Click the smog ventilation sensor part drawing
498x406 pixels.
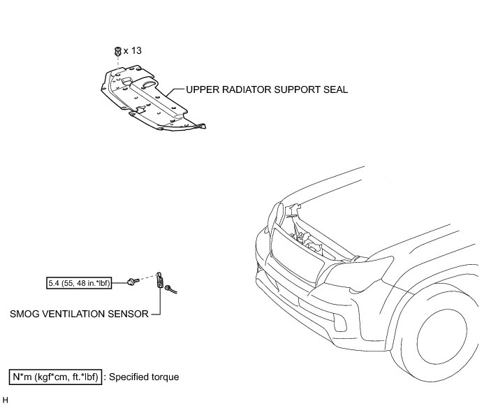163,282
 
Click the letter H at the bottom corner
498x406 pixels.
6,400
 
